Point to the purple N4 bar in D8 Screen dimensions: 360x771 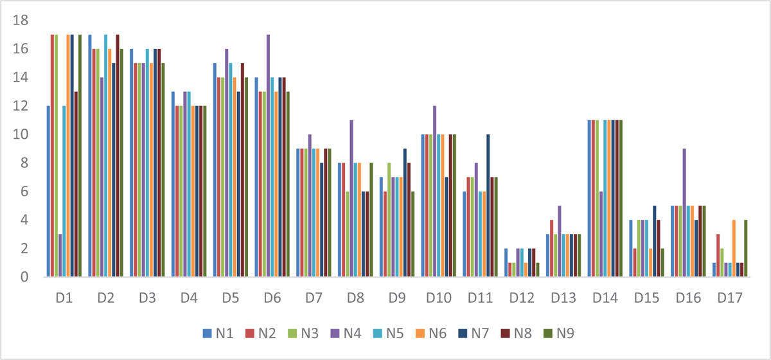coord(351,199)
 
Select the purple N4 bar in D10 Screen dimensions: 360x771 coord(434,192)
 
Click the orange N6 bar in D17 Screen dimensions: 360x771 coord(733,249)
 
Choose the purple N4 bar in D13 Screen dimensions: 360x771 coord(558,241)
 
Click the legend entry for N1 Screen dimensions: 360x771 coord(215,334)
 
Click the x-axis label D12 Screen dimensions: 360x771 coord(520,298)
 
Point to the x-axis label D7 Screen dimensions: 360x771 coord(314,298)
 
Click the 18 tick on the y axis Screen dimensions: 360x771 coord(21,20)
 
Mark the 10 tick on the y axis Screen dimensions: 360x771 coord(21,134)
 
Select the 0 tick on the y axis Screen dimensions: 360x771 coord(25,277)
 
